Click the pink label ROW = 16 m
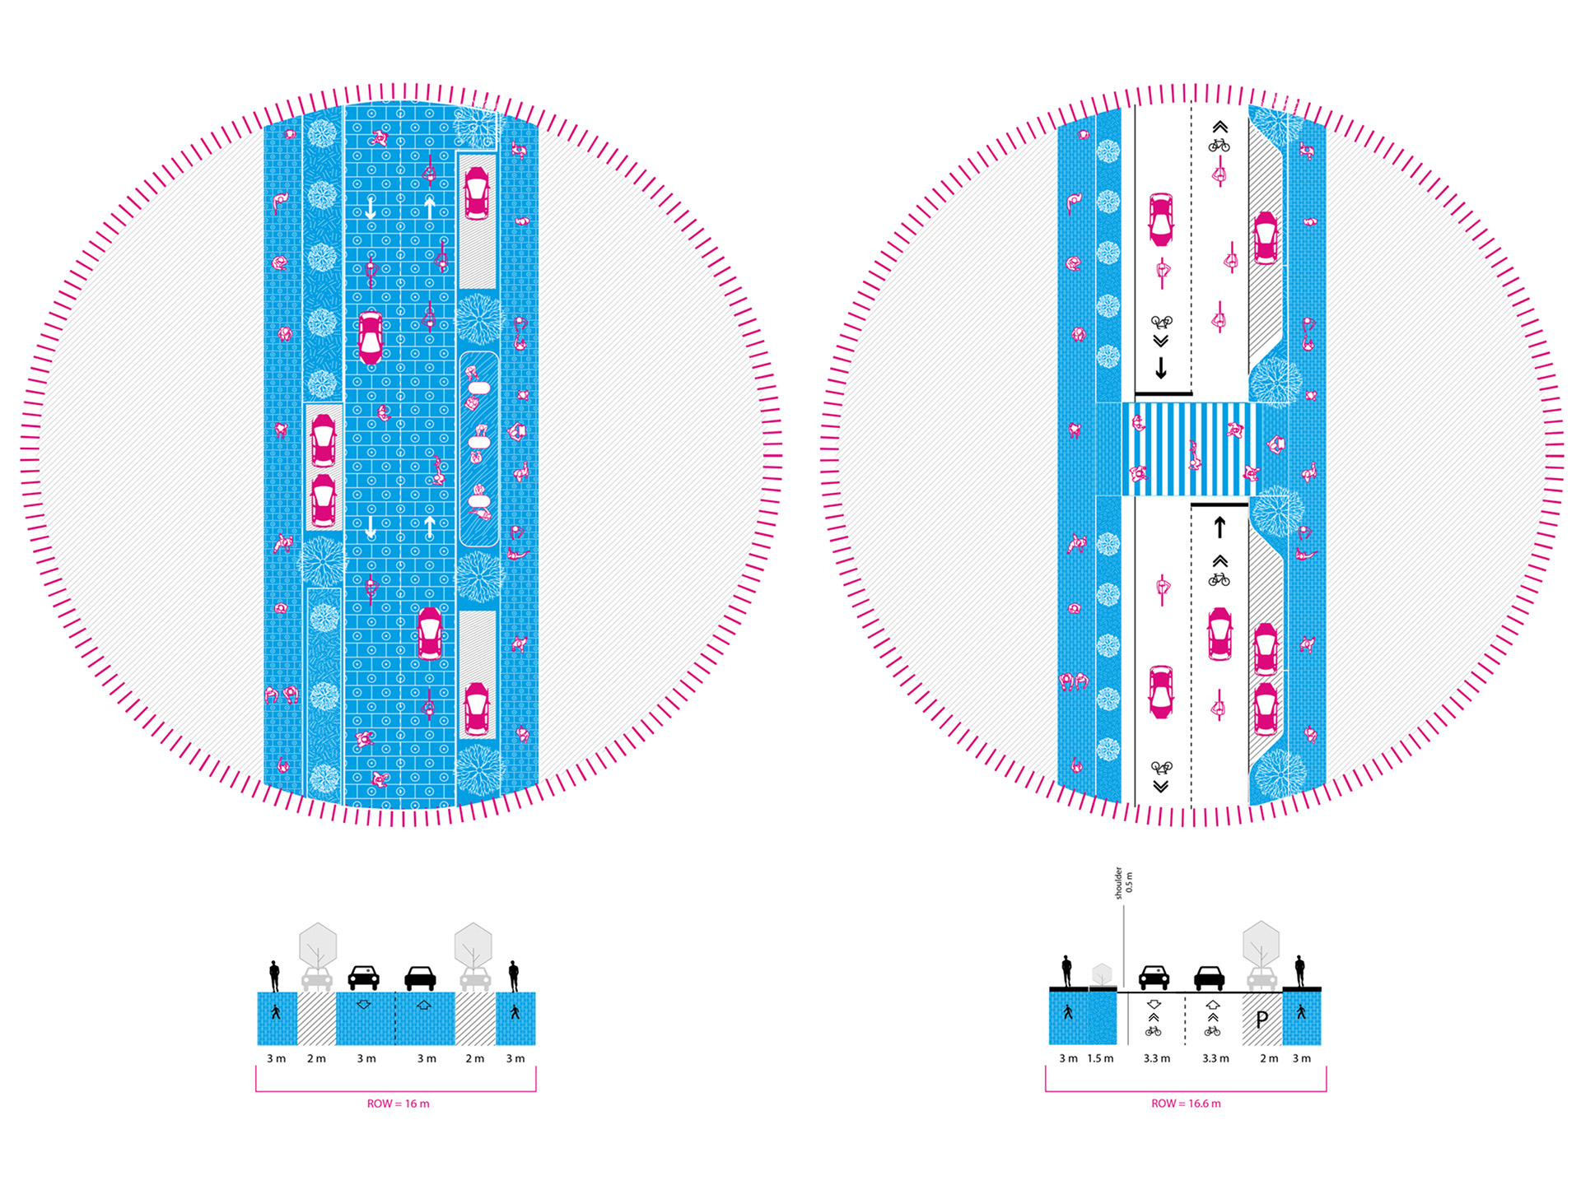pos(398,1104)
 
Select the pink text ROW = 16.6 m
pos(1186,1104)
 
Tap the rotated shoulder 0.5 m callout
pos(1123,882)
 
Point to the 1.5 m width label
pos(1100,1058)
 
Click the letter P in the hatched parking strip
pos(1262,1020)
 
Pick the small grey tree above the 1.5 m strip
pos(1102,974)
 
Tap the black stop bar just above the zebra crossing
pos(1163,394)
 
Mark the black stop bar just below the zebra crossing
pos(1220,504)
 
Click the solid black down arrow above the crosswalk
pos(1161,367)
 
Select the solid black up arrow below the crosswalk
pos(1220,526)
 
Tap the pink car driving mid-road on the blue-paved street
pos(371,337)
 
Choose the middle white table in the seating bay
pos(478,443)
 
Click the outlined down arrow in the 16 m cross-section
pos(363,1005)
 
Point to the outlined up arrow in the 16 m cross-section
pos(423,1005)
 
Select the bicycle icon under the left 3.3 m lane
pos(1154,1031)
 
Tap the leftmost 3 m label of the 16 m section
pos(276,1058)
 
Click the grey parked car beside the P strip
pos(1262,978)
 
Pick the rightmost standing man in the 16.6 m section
pos(1300,971)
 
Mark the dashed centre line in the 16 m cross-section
pos(395,1018)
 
